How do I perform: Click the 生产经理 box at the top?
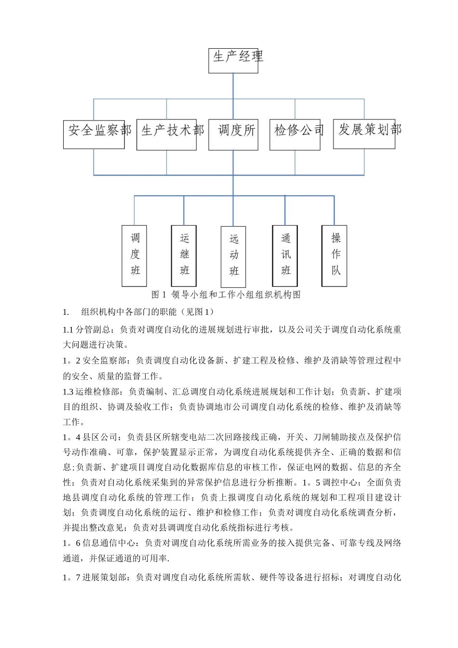[x=233, y=60]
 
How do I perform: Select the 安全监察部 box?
[x=94, y=134]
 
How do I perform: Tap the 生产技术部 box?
[x=167, y=135]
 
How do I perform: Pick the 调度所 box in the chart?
[x=233, y=135]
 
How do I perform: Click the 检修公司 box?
[x=295, y=135]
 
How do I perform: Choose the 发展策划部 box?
[x=364, y=134]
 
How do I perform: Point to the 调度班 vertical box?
[x=134, y=256]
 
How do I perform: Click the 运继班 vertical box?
[x=184, y=256]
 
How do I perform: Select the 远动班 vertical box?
[x=233, y=256]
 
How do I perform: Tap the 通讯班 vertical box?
[x=285, y=256]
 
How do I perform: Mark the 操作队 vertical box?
[x=335, y=256]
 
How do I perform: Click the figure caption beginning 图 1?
[x=226, y=295]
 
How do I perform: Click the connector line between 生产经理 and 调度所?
[x=233, y=96]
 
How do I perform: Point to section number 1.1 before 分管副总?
[x=67, y=330]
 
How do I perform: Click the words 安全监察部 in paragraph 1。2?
[x=104, y=361]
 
